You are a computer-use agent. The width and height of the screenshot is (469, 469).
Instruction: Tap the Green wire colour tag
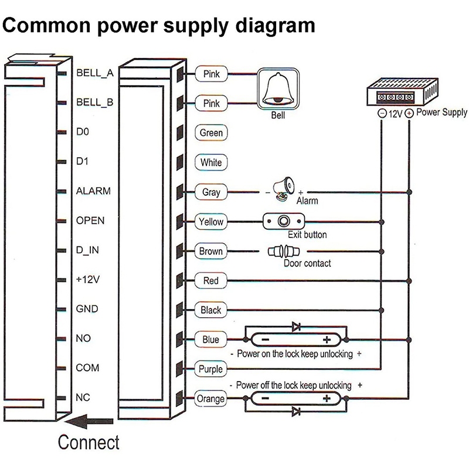click(x=211, y=132)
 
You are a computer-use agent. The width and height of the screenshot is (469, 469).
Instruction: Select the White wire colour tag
click(x=211, y=162)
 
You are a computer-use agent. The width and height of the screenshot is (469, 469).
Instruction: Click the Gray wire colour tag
click(x=211, y=192)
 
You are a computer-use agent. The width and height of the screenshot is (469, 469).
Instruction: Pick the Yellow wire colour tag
click(x=211, y=222)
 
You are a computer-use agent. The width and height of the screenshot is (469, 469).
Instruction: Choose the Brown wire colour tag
click(x=211, y=251)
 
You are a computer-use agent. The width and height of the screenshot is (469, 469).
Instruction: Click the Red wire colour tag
click(x=211, y=281)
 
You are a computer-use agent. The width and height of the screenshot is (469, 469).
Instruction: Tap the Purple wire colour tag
click(x=211, y=369)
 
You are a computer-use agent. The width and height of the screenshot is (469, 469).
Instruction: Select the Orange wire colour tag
click(x=211, y=399)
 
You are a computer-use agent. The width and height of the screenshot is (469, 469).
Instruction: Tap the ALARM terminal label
click(x=93, y=191)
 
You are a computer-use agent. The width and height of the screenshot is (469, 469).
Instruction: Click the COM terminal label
click(x=87, y=368)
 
